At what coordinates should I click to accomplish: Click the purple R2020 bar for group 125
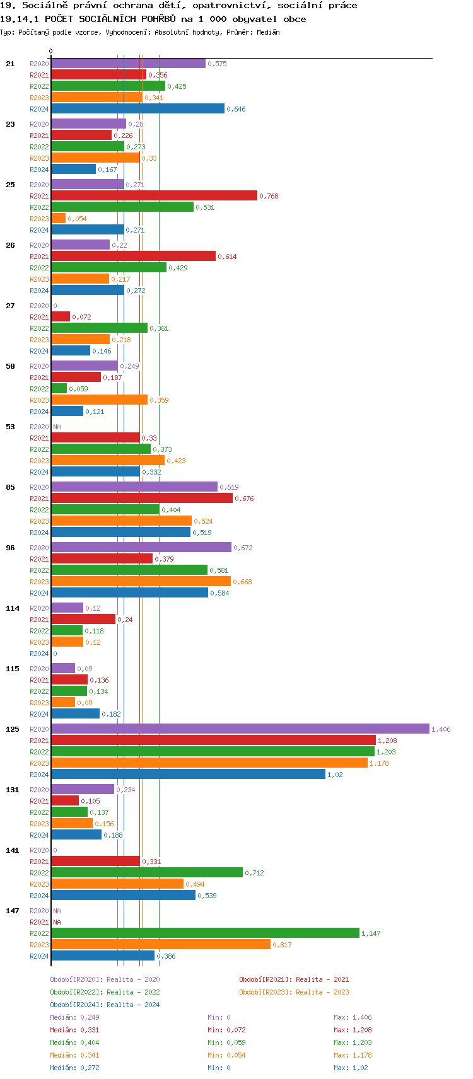coord(240,729)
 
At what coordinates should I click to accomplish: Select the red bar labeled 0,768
coord(154,195)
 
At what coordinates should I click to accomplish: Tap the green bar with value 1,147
coord(205,933)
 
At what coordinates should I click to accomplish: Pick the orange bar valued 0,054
coord(58,218)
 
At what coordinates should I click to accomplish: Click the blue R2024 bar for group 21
coord(137,108)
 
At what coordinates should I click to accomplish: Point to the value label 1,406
coord(441,729)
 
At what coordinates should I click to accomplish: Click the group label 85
coord(10,487)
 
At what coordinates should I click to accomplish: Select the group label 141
coord(13,850)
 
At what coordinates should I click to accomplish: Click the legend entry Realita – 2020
coord(105,979)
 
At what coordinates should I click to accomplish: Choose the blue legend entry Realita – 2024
coord(105,1005)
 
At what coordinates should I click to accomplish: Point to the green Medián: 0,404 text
coord(74,1042)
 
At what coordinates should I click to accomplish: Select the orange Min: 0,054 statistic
coord(227,1055)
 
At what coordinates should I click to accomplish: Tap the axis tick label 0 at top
coord(51,52)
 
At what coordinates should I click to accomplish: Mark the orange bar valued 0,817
coord(161,944)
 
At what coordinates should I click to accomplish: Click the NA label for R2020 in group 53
coord(57,427)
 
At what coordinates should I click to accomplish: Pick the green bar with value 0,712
coord(147,872)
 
